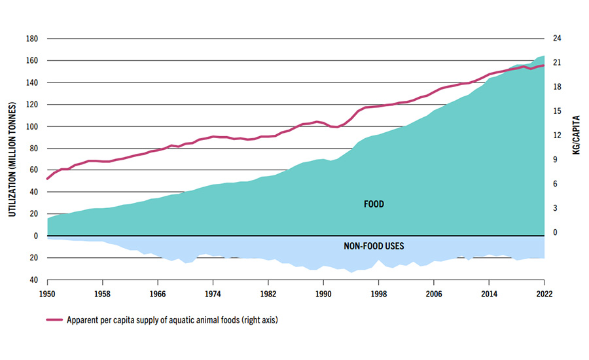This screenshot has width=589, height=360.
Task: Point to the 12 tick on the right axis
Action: pos(557,135)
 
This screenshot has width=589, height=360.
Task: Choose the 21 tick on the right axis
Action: pos(557,63)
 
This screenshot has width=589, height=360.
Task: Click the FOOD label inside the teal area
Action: pos(374,204)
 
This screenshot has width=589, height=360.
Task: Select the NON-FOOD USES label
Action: pos(374,247)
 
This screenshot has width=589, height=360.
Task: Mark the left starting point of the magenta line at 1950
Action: pos(47,179)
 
